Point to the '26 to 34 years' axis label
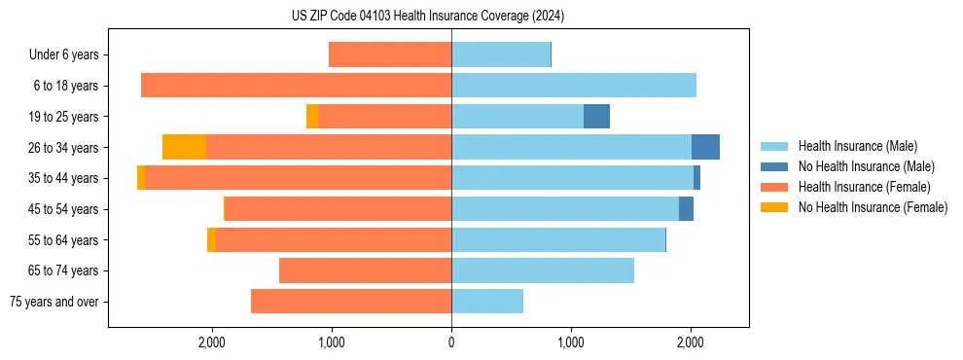[64, 148]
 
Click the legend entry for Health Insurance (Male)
[856, 146]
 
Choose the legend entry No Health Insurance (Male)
[866, 166]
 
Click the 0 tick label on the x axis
[451, 342]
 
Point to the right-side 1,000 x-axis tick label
[571, 342]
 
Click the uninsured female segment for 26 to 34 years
[184, 147]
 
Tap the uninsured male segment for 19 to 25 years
[596, 117]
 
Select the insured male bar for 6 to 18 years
[574, 86]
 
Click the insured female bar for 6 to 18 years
[296, 86]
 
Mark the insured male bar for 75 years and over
[487, 302]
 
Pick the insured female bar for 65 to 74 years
[365, 270]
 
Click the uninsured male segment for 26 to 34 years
[705, 147]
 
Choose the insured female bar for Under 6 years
[390, 54]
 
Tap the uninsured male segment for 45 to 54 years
[686, 209]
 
